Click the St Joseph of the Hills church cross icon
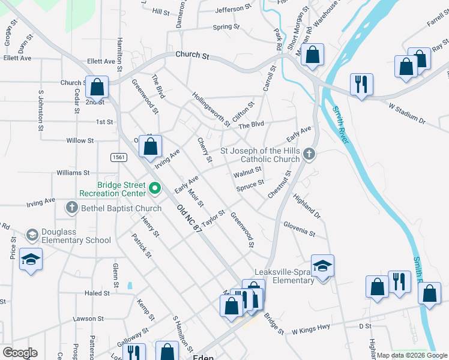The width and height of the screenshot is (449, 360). click(309, 154)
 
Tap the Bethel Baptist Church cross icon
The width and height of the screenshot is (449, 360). click(71, 208)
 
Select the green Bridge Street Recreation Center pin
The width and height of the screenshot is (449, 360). click(154, 189)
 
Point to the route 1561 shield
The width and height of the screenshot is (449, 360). click(118, 157)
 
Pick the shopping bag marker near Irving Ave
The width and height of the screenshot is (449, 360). click(151, 145)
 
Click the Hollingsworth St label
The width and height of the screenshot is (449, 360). click(211, 109)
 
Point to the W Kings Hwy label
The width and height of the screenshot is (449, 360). click(311, 331)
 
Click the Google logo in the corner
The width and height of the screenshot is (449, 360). click(20, 353)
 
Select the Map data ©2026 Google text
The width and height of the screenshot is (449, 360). click(411, 355)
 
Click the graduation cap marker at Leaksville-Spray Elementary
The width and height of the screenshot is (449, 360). click(322, 265)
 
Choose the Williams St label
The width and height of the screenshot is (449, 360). click(73, 172)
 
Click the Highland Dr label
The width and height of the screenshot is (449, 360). click(307, 204)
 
